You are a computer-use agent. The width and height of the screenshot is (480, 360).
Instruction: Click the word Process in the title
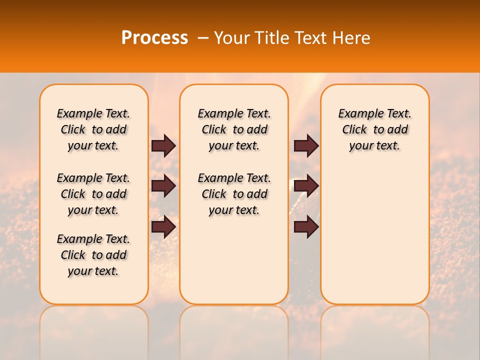pyautogui.click(x=154, y=38)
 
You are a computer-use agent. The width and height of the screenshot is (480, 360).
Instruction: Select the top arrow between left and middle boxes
pyautogui.click(x=163, y=145)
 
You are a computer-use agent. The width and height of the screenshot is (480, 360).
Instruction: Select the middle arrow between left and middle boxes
pyautogui.click(x=163, y=186)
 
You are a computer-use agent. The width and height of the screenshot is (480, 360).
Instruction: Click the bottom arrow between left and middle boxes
pyautogui.click(x=163, y=227)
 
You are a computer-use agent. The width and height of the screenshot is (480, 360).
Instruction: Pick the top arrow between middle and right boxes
pyautogui.click(x=306, y=145)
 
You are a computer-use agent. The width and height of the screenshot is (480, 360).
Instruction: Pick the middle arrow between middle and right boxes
pyautogui.click(x=306, y=186)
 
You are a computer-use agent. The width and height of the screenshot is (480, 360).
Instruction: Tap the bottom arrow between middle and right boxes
pyautogui.click(x=306, y=227)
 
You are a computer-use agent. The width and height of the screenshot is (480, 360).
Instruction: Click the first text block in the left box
pyautogui.click(x=93, y=129)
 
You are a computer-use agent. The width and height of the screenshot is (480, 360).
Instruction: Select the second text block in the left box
pyautogui.click(x=93, y=194)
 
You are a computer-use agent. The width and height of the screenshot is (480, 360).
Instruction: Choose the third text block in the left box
pyautogui.click(x=93, y=255)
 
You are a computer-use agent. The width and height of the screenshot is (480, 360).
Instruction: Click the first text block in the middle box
pyautogui.click(x=234, y=129)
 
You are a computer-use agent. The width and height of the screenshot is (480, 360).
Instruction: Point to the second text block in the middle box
pyautogui.click(x=234, y=194)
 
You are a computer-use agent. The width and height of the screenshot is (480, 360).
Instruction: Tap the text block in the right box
pyautogui.click(x=374, y=129)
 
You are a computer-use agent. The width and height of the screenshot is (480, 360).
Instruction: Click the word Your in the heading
pyautogui.click(x=231, y=38)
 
